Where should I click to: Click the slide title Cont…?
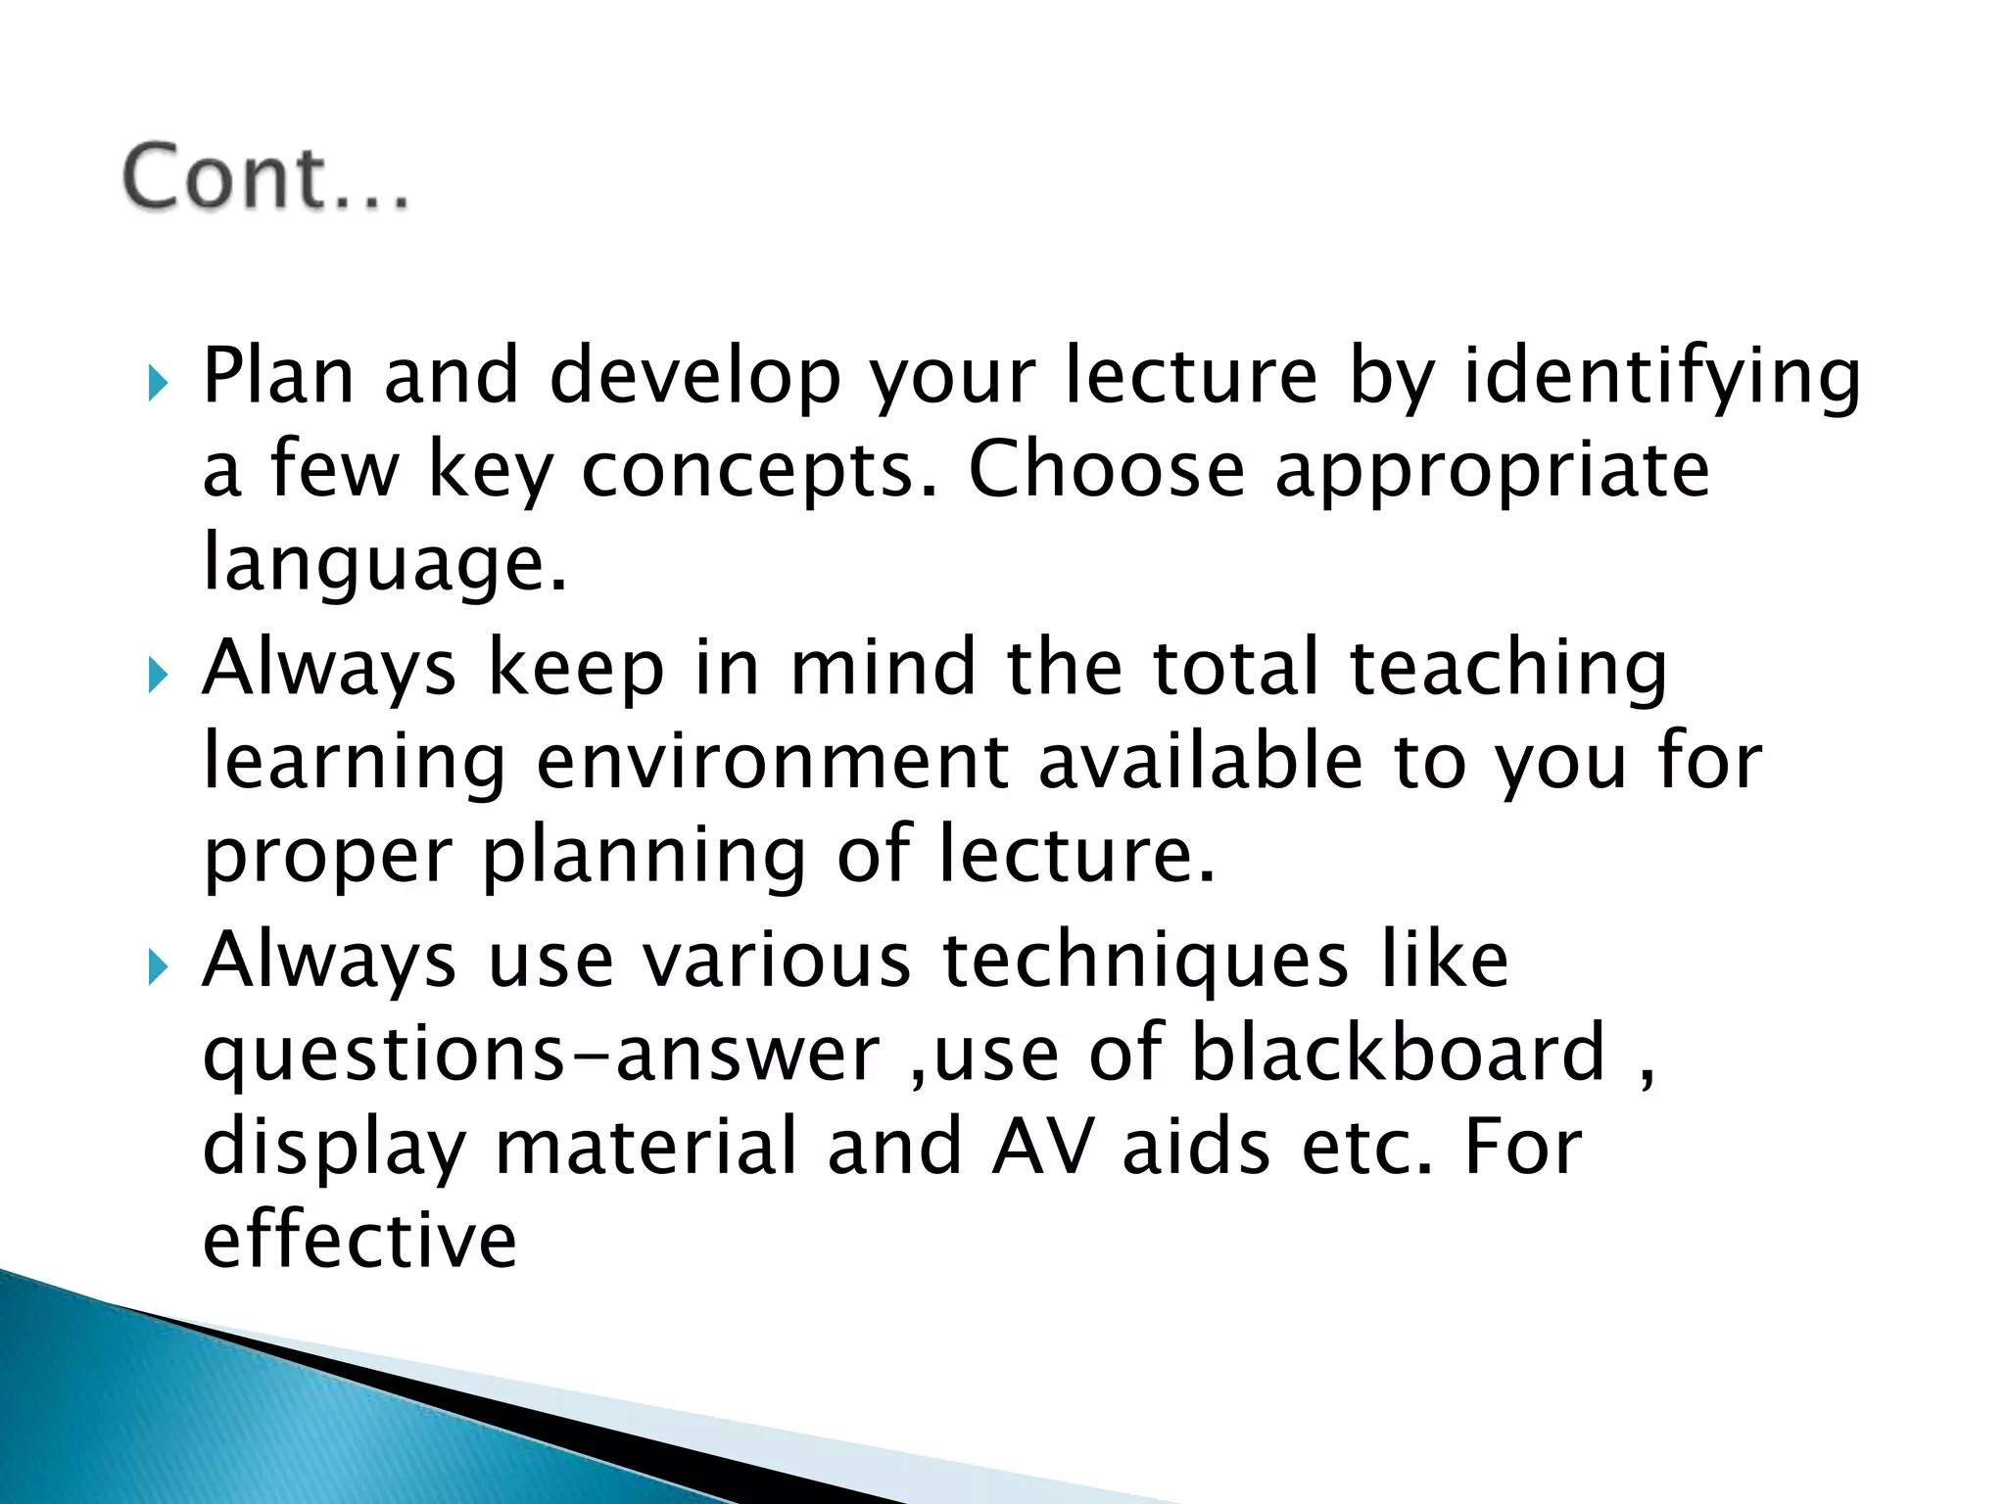coord(264,178)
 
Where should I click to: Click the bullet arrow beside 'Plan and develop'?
coord(158,383)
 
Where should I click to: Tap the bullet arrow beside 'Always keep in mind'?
coord(158,675)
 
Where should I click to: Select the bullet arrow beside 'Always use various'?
coord(158,967)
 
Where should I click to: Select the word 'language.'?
coord(384,566)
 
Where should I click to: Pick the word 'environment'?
coord(773,762)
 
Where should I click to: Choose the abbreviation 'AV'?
coord(1042,1147)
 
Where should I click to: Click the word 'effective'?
coord(359,1240)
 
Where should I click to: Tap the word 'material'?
coord(646,1147)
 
